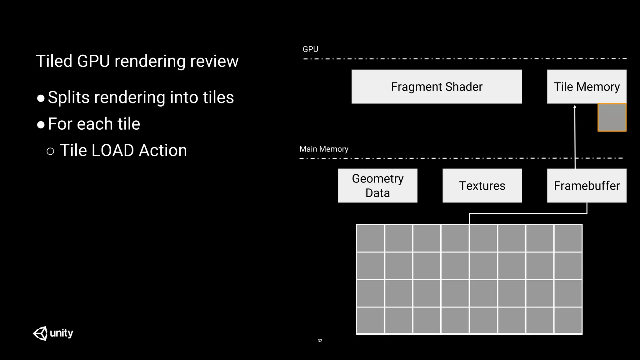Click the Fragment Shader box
click(x=437, y=87)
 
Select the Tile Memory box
click(x=587, y=87)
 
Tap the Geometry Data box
click(x=377, y=186)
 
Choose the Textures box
click(x=482, y=186)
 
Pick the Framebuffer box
click(x=587, y=186)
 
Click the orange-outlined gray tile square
click(x=612, y=117)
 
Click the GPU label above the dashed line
click(x=310, y=49)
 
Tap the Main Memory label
click(x=324, y=149)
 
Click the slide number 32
click(x=320, y=341)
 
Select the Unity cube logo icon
click(x=40, y=333)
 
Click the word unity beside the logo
click(x=62, y=333)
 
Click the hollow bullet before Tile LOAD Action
click(x=50, y=152)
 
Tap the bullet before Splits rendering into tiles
click(x=41, y=98)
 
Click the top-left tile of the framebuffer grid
click(x=371, y=238)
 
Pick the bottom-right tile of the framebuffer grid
click(x=568, y=320)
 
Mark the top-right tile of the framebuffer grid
click(x=568, y=238)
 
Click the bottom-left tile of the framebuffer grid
click(x=371, y=320)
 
